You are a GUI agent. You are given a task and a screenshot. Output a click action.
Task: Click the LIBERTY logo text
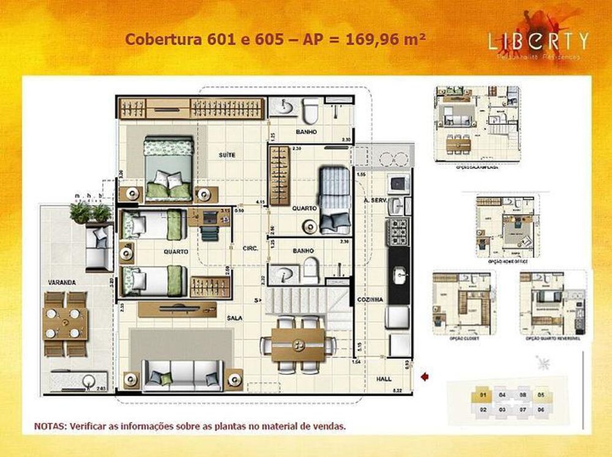click(538, 41)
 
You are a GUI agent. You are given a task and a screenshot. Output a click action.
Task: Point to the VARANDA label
click(62, 282)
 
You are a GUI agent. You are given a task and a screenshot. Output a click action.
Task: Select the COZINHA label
click(370, 299)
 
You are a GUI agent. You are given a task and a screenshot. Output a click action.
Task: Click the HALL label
click(384, 379)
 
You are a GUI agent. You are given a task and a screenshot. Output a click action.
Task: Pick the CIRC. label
click(250, 249)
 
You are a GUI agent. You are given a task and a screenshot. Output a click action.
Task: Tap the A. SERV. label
click(373, 200)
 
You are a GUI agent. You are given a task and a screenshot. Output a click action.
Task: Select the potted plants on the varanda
click(91, 213)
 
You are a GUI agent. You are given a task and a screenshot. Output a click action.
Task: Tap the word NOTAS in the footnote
click(50, 425)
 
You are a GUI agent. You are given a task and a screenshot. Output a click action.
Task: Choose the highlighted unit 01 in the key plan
click(483, 396)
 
